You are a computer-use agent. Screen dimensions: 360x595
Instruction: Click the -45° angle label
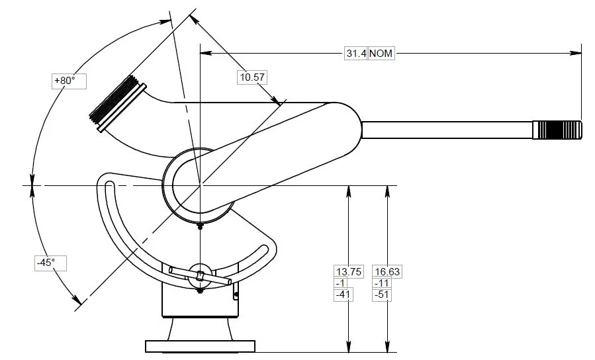click(46, 263)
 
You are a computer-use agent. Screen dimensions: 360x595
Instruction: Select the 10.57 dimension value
click(252, 77)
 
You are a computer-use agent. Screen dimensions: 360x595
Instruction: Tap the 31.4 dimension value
click(355, 54)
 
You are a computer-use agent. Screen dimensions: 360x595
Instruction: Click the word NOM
click(381, 54)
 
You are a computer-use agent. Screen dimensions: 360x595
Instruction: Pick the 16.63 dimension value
click(387, 271)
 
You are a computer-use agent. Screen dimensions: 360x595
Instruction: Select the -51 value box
click(382, 295)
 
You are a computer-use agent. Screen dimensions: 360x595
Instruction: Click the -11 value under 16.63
click(381, 283)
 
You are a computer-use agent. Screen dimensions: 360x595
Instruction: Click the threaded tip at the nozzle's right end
click(559, 130)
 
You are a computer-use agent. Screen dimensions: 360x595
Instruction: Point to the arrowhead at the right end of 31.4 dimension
click(576, 54)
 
